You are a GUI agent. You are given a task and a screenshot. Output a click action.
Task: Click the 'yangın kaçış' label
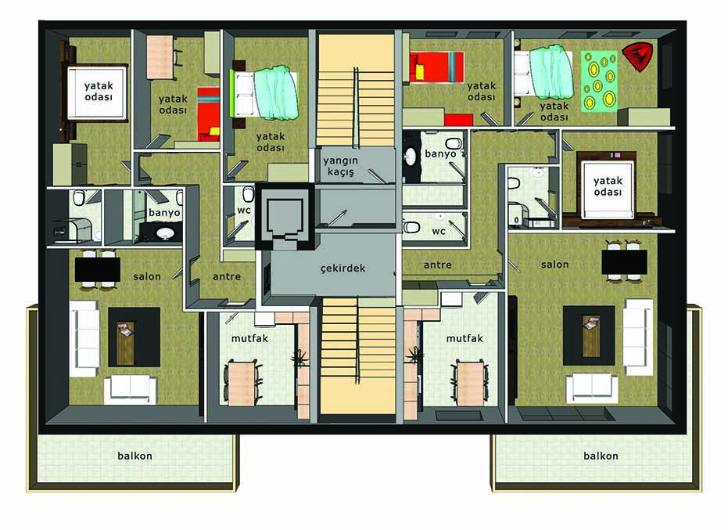[341, 166]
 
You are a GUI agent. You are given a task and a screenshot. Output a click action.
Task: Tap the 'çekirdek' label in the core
[342, 269]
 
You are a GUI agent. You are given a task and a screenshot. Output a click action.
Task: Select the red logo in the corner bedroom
[637, 56]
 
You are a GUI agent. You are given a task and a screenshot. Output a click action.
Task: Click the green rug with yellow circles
[599, 81]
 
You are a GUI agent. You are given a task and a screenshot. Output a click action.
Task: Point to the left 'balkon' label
[135, 456]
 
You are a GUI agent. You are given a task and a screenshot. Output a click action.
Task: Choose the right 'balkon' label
[601, 456]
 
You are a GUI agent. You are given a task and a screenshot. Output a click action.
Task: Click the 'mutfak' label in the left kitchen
[249, 338]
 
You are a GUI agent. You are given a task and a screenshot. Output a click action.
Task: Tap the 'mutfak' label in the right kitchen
[464, 338]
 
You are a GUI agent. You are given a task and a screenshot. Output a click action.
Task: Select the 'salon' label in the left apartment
[147, 276]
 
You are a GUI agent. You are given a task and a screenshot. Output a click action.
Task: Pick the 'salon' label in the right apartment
[555, 264]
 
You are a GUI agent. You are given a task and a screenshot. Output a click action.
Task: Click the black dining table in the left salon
[98, 269]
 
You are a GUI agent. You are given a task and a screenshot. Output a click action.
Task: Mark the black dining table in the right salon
[625, 261]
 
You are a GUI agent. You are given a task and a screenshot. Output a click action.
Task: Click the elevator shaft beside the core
[283, 216]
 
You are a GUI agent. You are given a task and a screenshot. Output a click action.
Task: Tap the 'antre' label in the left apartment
[227, 276]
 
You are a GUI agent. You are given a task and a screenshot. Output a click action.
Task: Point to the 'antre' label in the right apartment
[438, 265]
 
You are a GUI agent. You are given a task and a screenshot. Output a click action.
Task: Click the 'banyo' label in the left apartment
[164, 213]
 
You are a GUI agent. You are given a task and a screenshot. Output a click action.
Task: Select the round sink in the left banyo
[165, 233]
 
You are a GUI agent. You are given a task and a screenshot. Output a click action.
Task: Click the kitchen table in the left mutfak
[242, 382]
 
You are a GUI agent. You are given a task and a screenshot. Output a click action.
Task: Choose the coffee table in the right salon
[590, 336]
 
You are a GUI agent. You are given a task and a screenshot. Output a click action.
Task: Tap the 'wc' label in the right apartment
[439, 231]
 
